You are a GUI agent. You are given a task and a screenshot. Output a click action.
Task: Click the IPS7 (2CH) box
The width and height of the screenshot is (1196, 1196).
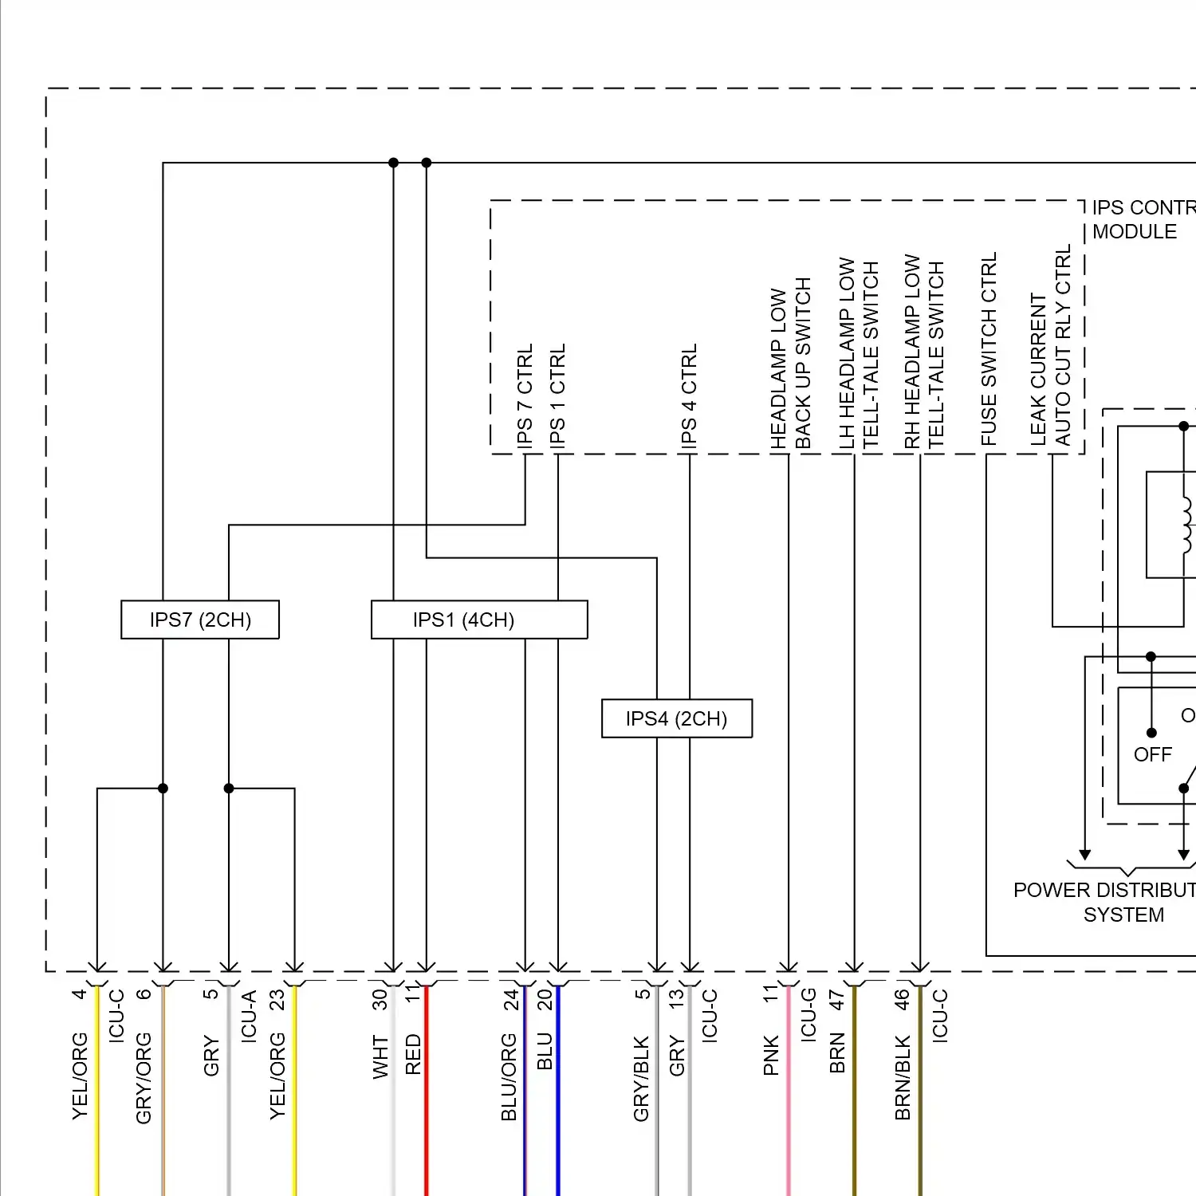pyautogui.click(x=200, y=620)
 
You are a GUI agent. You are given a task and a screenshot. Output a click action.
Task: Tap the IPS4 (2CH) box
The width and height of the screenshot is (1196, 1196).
pyautogui.click(x=676, y=718)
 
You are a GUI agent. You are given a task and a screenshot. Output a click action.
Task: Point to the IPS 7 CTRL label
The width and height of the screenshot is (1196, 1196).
pyautogui.click(x=525, y=395)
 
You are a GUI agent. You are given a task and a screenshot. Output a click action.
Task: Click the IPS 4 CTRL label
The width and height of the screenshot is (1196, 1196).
pyautogui.click(x=690, y=395)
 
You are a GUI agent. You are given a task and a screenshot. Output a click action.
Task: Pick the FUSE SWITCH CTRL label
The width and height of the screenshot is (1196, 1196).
pyautogui.click(x=989, y=349)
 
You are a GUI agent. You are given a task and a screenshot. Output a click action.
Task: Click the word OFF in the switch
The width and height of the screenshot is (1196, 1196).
pyautogui.click(x=1153, y=754)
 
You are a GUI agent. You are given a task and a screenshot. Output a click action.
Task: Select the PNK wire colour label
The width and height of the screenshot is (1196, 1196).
pyautogui.click(x=771, y=1055)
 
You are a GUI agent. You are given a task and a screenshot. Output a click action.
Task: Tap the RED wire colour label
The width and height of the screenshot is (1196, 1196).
pyautogui.click(x=413, y=1054)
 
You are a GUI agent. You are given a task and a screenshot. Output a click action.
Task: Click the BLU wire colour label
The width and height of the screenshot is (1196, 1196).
pyautogui.click(x=545, y=1051)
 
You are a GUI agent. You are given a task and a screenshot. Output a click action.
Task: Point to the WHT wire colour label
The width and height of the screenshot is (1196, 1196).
pyautogui.click(x=380, y=1057)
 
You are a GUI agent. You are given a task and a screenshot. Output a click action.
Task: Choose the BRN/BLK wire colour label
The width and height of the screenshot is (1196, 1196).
pyautogui.click(x=903, y=1077)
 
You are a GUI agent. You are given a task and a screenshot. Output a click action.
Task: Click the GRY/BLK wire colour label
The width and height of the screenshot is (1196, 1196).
pyautogui.click(x=642, y=1079)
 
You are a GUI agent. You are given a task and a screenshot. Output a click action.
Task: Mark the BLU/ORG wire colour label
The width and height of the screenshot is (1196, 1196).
pyautogui.click(x=509, y=1077)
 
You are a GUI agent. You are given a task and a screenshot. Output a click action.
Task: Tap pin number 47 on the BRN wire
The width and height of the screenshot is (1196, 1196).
pyautogui.click(x=837, y=1000)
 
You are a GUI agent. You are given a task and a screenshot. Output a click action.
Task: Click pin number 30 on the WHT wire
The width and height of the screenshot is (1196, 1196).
pyautogui.click(x=380, y=1000)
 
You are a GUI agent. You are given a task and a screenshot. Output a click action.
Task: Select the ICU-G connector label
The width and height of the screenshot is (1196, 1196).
pyautogui.click(x=808, y=1014)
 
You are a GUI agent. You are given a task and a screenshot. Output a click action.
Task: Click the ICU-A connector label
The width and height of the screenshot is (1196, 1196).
pyautogui.click(x=249, y=1015)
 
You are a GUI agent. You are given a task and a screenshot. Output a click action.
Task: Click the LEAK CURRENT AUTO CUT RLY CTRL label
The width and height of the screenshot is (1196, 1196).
pyautogui.click(x=1050, y=347)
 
